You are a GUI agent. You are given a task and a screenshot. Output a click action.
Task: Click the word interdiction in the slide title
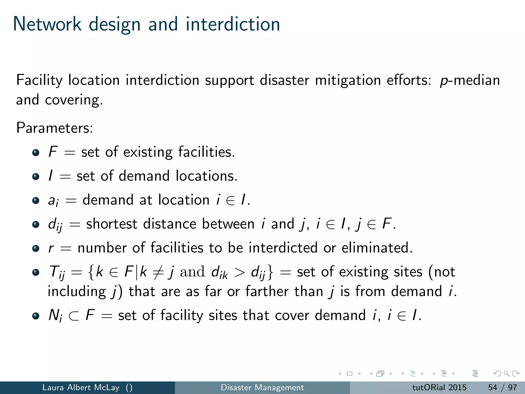point(233,24)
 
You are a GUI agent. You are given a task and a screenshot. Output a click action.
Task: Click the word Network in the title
point(47,24)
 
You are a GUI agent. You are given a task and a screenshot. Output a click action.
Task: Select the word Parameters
point(54,127)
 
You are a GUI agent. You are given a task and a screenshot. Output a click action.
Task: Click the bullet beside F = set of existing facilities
point(36,152)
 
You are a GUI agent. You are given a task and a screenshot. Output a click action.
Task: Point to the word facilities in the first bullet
point(206,152)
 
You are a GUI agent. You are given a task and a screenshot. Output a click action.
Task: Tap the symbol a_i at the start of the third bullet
point(53,201)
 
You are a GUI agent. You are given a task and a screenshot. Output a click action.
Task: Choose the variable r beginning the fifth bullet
point(51,248)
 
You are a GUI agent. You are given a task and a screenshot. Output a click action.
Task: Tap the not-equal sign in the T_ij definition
point(158,272)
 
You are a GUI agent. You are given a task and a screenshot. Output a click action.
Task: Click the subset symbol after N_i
point(74,316)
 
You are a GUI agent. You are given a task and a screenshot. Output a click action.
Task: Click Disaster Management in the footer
point(262,387)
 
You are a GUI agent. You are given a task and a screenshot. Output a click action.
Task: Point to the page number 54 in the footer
point(492,387)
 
